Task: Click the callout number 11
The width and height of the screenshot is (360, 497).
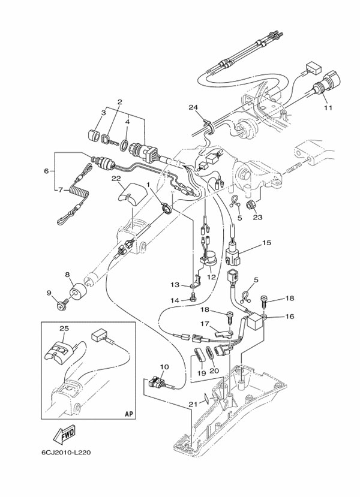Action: pos(328,108)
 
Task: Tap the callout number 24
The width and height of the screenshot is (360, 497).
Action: pos(193,108)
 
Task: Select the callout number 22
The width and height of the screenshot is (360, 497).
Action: pos(116,179)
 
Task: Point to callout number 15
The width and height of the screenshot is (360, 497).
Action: pos(266,243)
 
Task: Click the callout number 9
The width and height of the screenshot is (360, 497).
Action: pos(50,293)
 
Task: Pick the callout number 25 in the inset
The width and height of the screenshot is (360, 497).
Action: pos(64,329)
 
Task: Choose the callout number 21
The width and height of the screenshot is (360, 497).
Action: pos(193,404)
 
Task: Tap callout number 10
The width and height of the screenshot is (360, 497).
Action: pos(164,366)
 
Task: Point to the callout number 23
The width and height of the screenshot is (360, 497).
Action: pos(258,218)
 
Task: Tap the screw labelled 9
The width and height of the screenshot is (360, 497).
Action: pos(62,306)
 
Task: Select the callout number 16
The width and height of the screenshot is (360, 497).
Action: pos(289,317)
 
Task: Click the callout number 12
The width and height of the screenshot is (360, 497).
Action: pos(211,277)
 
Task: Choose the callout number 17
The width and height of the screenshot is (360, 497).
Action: pos(205,324)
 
